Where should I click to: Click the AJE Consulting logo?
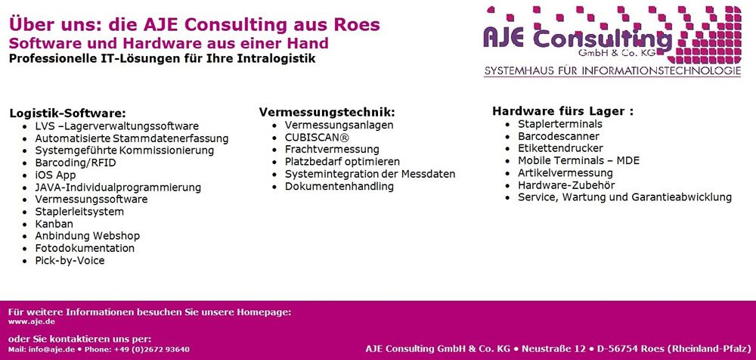[x=612, y=41]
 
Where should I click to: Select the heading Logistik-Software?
[x=67, y=114]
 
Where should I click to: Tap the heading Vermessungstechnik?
[x=327, y=113]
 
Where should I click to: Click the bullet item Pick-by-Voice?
[x=70, y=261]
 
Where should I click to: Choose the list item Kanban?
[x=54, y=224]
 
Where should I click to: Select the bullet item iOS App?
[x=55, y=175]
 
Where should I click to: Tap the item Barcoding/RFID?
[x=76, y=163]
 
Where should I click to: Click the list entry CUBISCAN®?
[x=317, y=138]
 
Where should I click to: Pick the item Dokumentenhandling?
[x=339, y=186]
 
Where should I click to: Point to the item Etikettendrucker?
[x=560, y=149]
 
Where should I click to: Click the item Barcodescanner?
[x=559, y=137]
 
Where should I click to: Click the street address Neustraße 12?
[x=554, y=349]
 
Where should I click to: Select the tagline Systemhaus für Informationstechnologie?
[x=612, y=71]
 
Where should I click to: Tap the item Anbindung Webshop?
[x=87, y=237]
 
